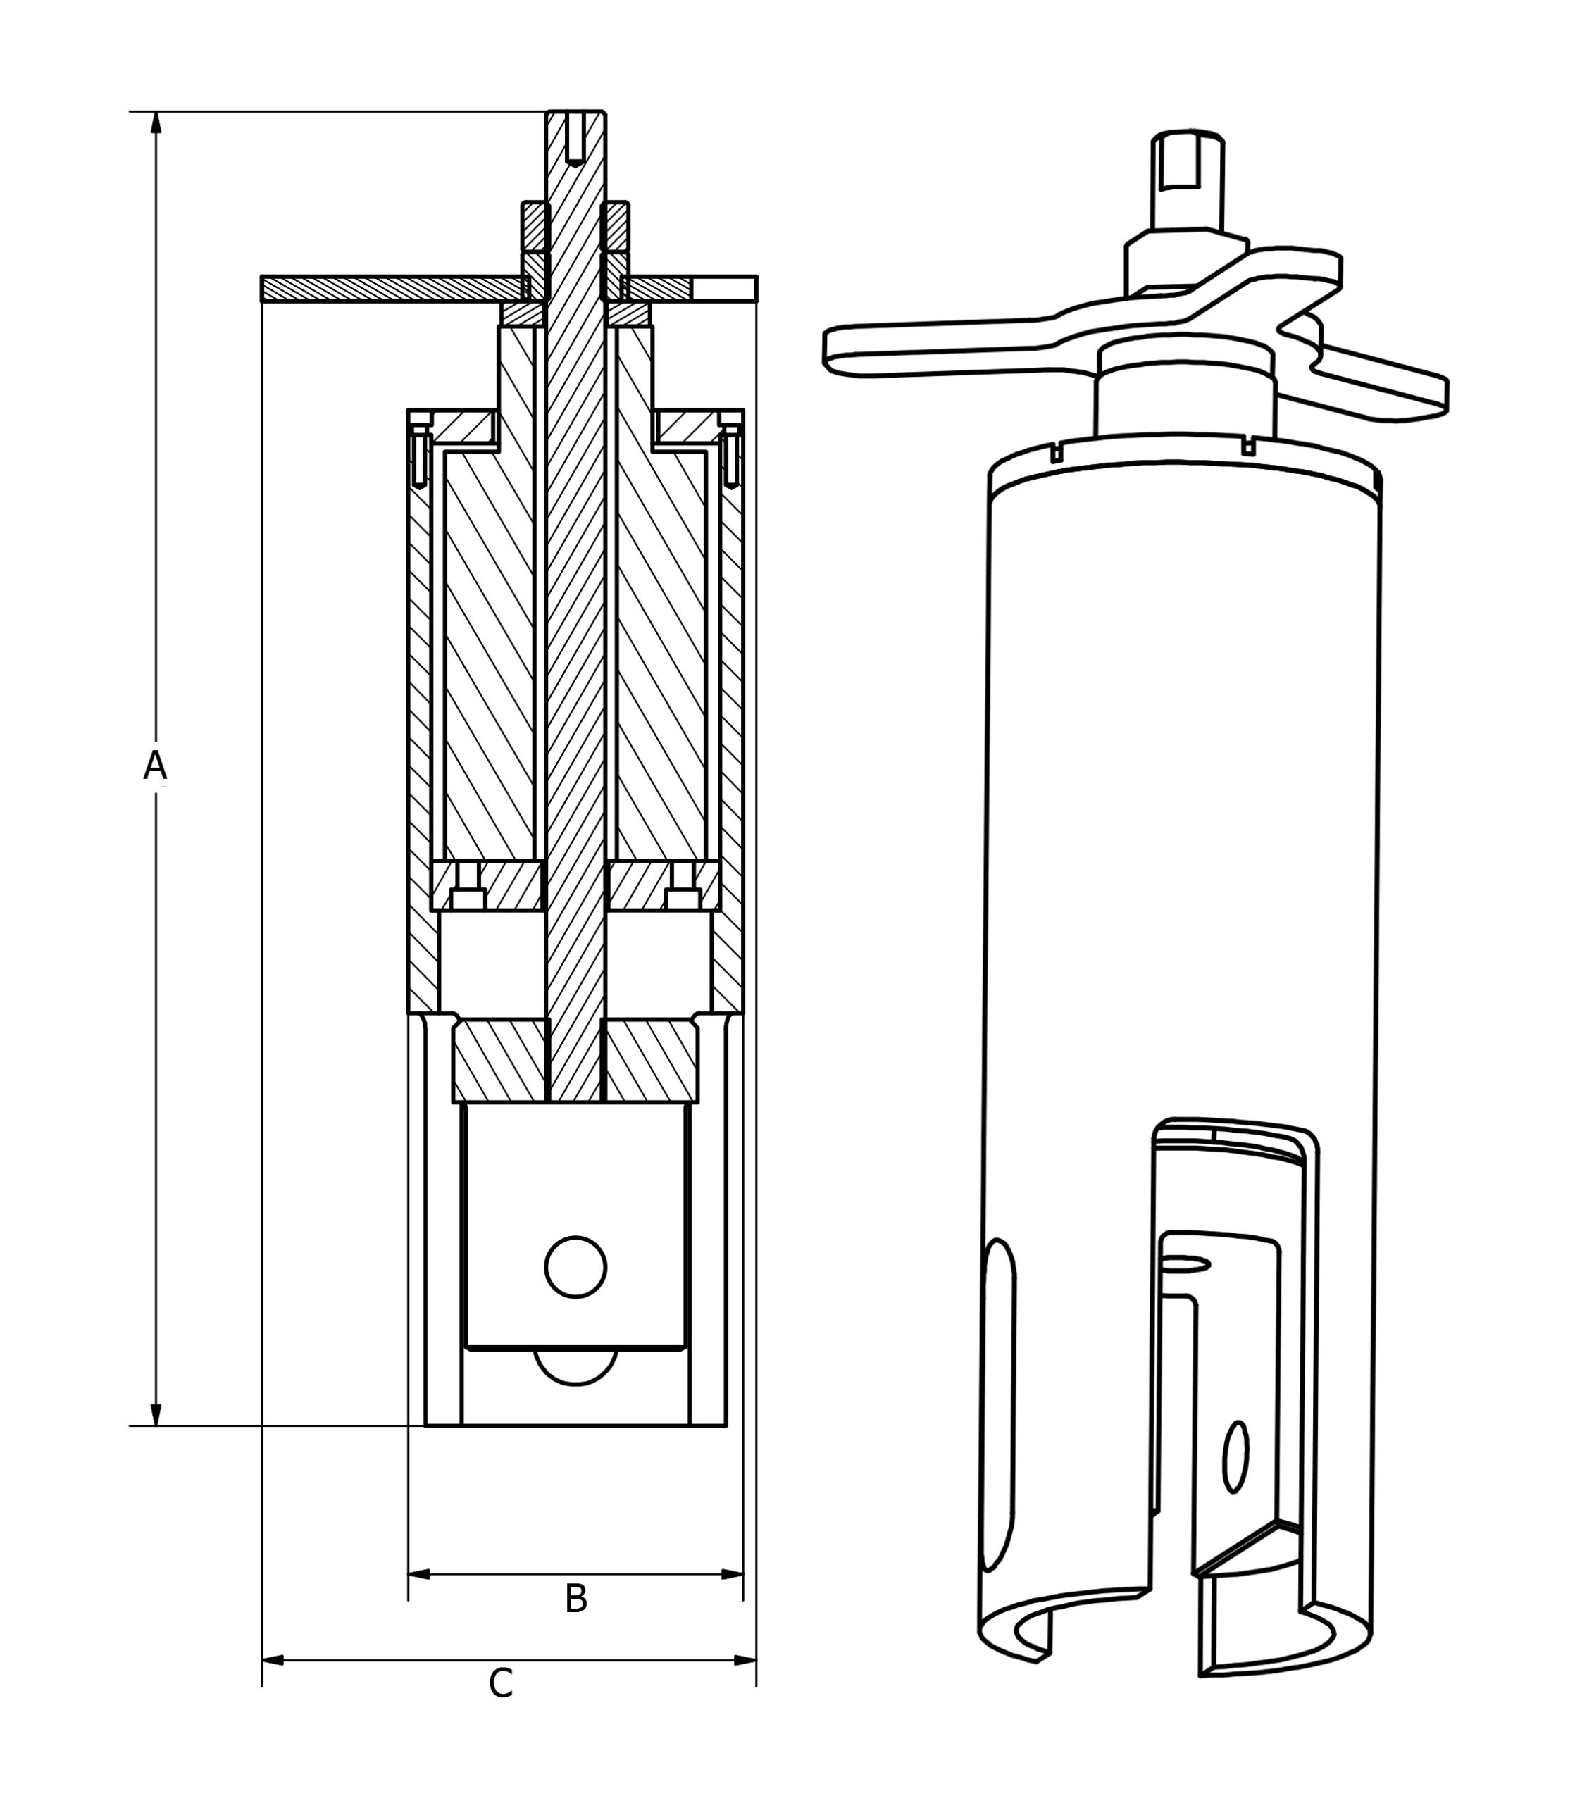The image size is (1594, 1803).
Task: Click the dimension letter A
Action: (x=155, y=766)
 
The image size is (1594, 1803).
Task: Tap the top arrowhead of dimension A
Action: (x=156, y=123)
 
